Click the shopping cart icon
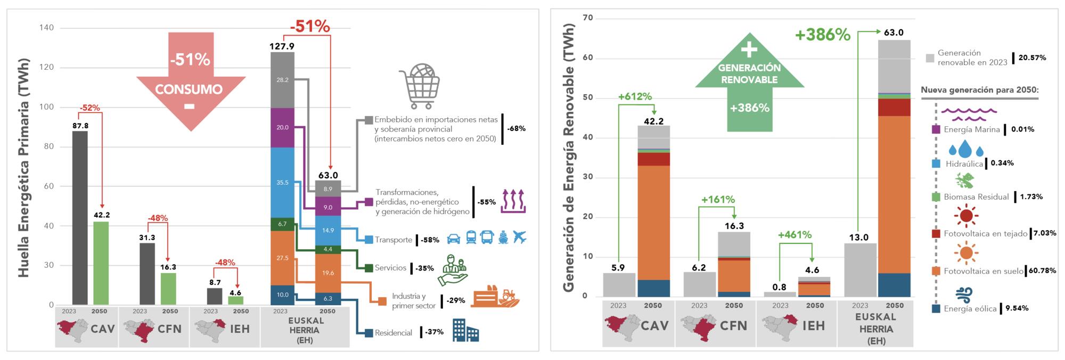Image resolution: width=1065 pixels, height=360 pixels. tap(420, 86)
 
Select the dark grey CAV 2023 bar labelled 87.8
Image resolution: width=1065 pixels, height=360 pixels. tap(80, 218)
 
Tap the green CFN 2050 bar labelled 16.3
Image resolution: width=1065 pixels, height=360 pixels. tap(168, 289)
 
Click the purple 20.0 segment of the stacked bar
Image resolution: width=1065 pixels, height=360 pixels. tap(282, 128)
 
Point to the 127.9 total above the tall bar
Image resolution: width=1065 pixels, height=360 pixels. tap(282, 46)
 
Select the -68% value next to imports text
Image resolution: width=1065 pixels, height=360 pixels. tap(516, 128)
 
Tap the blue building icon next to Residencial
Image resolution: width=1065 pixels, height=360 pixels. tap(465, 330)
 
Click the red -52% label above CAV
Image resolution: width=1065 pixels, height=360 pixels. tap(89, 108)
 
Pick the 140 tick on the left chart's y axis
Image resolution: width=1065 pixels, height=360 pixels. tap(47, 28)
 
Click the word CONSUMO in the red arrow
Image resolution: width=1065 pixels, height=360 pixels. tap(189, 89)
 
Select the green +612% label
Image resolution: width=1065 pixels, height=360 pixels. tap(635, 96)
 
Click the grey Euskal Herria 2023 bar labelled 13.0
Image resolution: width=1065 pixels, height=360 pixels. tap(860, 270)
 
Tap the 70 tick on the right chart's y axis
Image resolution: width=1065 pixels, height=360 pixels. tap(587, 18)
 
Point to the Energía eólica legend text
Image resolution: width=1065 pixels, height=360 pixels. tap(970, 308)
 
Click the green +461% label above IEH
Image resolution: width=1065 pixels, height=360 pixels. tap(794, 234)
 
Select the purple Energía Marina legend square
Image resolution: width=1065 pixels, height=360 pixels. tap(936, 129)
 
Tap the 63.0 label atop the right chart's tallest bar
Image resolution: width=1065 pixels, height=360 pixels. tap(894, 32)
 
